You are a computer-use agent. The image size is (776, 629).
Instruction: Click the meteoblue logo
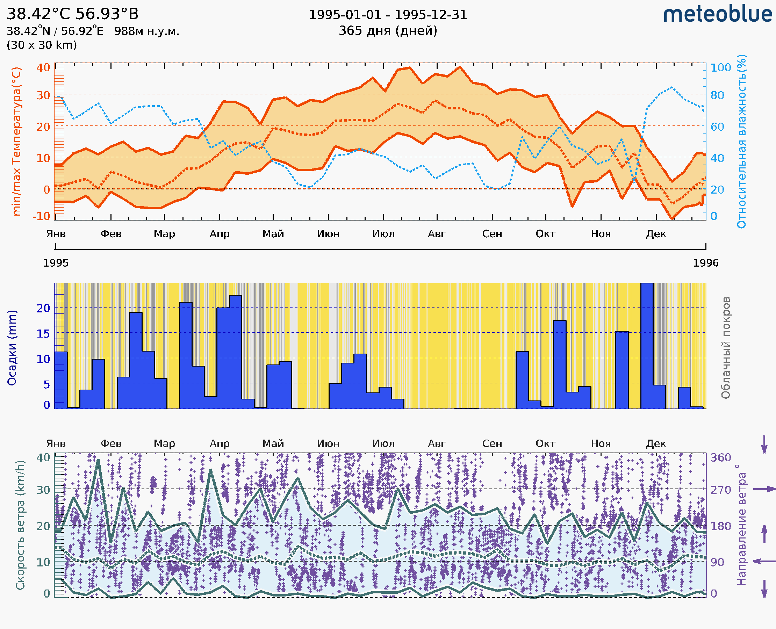pos(717,14)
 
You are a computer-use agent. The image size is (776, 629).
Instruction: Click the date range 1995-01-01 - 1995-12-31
pos(388,15)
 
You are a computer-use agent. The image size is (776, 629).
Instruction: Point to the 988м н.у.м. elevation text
pos(146,31)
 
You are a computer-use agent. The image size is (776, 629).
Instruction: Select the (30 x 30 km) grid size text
pos(42,45)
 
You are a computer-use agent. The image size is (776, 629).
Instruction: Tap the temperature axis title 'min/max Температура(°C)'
pos(17,141)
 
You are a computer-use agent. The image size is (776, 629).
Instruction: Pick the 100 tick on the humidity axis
pos(720,68)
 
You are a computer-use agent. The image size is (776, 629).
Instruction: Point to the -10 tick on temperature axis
pos(41,216)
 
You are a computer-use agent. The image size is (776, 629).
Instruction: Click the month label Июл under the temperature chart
pos(383,234)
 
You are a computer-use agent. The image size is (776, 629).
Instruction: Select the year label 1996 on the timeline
pos(706,263)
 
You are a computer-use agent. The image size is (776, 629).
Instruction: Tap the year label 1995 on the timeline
pos(56,263)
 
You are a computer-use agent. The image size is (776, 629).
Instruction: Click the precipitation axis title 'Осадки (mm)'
pos(12,348)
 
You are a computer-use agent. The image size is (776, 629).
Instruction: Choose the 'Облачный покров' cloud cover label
pos(726,348)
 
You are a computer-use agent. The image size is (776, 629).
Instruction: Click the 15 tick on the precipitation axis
pos(43,334)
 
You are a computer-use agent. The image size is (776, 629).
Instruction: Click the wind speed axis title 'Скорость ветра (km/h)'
pos(20,525)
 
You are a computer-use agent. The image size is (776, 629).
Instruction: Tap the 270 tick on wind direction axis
pos(720,490)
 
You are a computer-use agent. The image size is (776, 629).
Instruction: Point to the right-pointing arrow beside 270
pos(764,489)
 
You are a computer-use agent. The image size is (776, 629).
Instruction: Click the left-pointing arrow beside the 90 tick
pos(764,562)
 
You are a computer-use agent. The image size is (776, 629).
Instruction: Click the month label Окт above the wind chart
pos(546,444)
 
